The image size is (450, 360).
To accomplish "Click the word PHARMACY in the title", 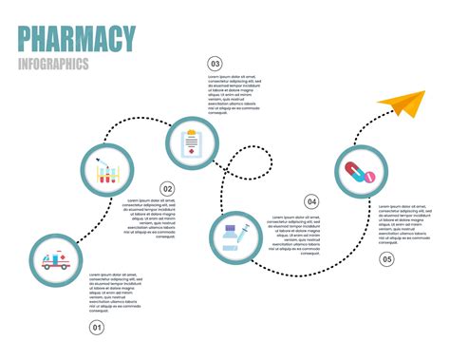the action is click(x=77, y=40).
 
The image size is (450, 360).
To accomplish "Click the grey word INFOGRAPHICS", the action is click(x=54, y=65).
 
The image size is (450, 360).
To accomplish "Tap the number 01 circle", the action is click(x=96, y=328).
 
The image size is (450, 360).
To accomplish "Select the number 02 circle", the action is click(x=167, y=188).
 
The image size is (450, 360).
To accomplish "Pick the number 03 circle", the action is click(x=215, y=64).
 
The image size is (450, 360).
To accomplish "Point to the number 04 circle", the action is click(x=311, y=201).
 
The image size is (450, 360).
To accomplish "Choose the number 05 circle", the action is click(x=386, y=258).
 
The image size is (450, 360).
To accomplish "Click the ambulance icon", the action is click(x=54, y=259).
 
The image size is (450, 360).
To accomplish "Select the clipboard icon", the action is click(x=193, y=143).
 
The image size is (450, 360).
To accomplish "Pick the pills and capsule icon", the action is click(x=362, y=172).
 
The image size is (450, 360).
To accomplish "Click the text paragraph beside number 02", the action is click(x=151, y=218).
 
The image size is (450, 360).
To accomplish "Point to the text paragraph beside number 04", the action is click(x=293, y=234).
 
